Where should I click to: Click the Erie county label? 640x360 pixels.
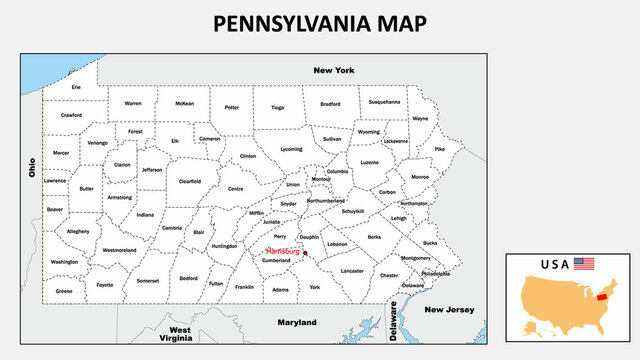coord(76,87)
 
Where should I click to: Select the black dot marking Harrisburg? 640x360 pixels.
coord(306,254)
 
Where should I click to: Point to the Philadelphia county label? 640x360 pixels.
coord(435,272)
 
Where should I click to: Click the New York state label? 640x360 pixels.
coord(334,70)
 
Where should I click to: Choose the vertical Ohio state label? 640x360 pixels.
coord(32,167)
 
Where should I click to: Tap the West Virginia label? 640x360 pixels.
coord(180,334)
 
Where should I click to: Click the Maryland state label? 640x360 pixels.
coord(296,322)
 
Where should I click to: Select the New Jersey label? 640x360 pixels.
coord(447,310)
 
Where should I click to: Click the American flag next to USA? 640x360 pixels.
coord(584,264)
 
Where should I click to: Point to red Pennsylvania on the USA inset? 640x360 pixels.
coord(603,296)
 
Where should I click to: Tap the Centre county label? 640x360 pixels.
coord(236,188)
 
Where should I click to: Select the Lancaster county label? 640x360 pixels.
coord(352,270)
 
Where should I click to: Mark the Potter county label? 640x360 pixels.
coord(232,107)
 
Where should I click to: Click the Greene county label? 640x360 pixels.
coord(64,291)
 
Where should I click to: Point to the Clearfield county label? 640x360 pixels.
coord(190,181)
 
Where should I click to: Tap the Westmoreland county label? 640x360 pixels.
coord(119,250)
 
